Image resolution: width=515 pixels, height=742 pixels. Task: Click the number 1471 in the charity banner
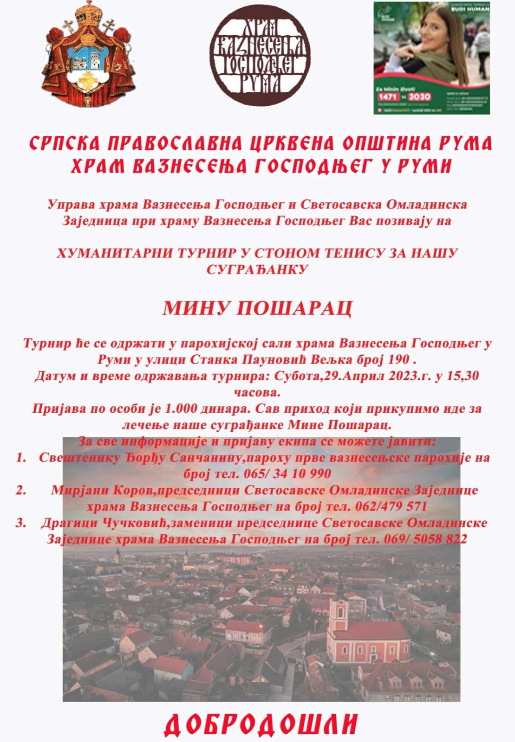(388, 96)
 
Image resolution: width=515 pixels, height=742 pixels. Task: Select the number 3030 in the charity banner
(419, 96)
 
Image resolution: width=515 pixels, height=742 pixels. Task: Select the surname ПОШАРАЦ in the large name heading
(294, 308)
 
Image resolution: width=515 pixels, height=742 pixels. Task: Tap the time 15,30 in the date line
(462, 376)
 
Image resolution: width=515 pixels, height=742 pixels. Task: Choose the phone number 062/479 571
(391, 506)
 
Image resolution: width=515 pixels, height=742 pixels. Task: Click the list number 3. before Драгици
(21, 523)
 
